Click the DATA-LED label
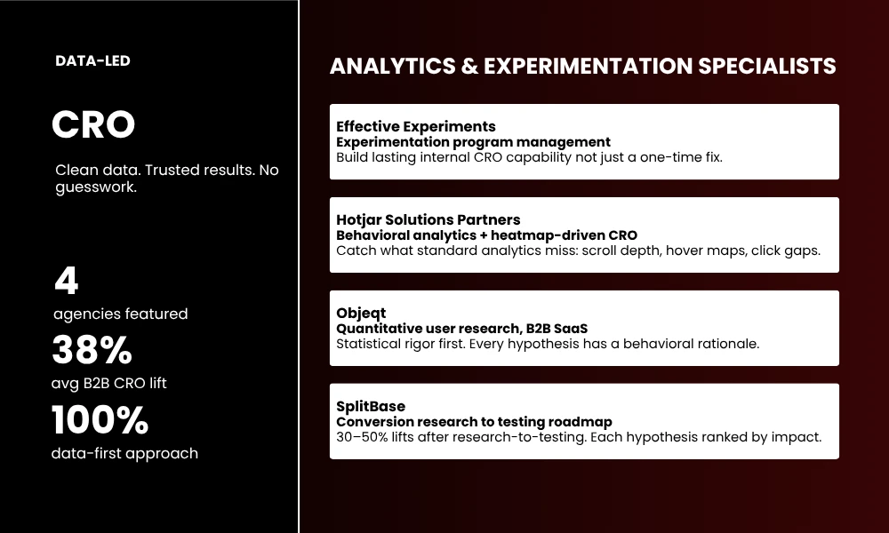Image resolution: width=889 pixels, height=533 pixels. [x=92, y=61]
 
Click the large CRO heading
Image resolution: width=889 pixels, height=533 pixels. [x=93, y=124]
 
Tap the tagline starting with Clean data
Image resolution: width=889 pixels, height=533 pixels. [x=166, y=178]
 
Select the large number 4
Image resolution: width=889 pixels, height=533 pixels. [x=67, y=282]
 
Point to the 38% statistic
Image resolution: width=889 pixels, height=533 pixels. [x=92, y=350]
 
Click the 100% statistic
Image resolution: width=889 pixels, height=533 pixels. [x=100, y=420]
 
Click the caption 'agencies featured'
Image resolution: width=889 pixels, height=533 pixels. [x=120, y=314]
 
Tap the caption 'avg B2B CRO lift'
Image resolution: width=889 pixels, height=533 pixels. [x=109, y=383]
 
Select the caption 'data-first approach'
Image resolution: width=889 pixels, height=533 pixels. [x=124, y=453]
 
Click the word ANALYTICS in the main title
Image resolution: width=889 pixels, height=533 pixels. [x=387, y=67]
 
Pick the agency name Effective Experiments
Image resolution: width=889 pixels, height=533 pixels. [x=415, y=127]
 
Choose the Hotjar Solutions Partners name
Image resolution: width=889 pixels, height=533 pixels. [x=428, y=220]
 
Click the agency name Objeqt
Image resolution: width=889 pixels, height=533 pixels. [x=362, y=314]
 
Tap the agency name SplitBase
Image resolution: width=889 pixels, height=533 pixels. [x=371, y=407]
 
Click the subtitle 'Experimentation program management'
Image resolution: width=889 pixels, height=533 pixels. [x=473, y=142]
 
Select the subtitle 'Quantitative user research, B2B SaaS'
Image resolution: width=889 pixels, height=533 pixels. [x=461, y=329]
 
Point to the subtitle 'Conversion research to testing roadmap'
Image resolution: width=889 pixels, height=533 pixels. [x=474, y=422]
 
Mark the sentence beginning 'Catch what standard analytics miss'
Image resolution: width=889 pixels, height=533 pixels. [x=578, y=251]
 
